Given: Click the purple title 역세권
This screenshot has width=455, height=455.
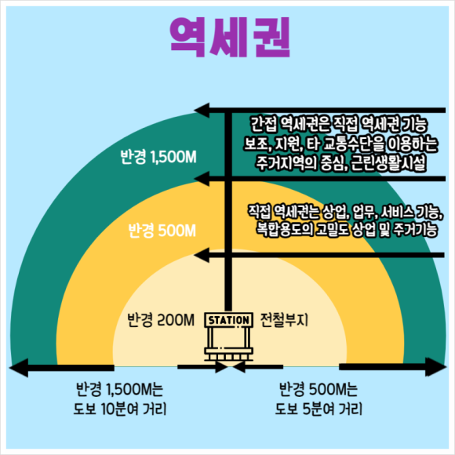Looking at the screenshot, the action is tap(230, 37).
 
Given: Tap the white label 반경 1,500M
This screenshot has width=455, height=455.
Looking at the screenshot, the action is tap(158, 157).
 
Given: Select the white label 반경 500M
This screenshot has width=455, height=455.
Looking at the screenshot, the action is tap(162, 231).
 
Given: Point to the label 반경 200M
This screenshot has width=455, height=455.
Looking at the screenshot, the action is tap(161, 320).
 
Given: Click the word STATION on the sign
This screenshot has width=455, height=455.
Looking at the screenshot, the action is tap(228, 320).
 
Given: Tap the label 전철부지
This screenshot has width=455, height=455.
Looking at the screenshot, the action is tap(284, 320).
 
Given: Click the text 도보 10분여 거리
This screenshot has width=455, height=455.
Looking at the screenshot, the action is tap(120, 409).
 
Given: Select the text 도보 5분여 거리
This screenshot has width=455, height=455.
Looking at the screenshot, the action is tap(319, 409).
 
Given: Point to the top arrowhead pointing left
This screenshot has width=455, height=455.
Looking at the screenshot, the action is tap(202, 111).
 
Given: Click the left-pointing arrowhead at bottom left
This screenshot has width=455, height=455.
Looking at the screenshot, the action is tap(19, 368).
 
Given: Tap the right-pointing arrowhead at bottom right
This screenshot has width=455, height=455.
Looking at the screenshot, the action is tap(436, 367).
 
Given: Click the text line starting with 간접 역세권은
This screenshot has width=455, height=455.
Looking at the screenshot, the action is tap(339, 124).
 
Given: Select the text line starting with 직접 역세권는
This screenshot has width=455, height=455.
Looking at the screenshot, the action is tap(345, 212).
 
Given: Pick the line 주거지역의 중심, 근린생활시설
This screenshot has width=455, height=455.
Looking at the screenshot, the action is tap(341, 163).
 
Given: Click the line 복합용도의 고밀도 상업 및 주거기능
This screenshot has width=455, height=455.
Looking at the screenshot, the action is tap(347, 230).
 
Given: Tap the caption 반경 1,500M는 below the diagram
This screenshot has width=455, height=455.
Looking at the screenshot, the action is tap(119, 389).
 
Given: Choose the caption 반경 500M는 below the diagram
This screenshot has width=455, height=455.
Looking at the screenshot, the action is tap(318, 389).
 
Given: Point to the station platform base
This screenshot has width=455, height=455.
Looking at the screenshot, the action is tap(228, 354).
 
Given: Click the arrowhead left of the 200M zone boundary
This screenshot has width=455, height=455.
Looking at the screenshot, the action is tap(202, 255).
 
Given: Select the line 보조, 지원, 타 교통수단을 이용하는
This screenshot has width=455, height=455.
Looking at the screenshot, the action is tap(340, 144).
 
